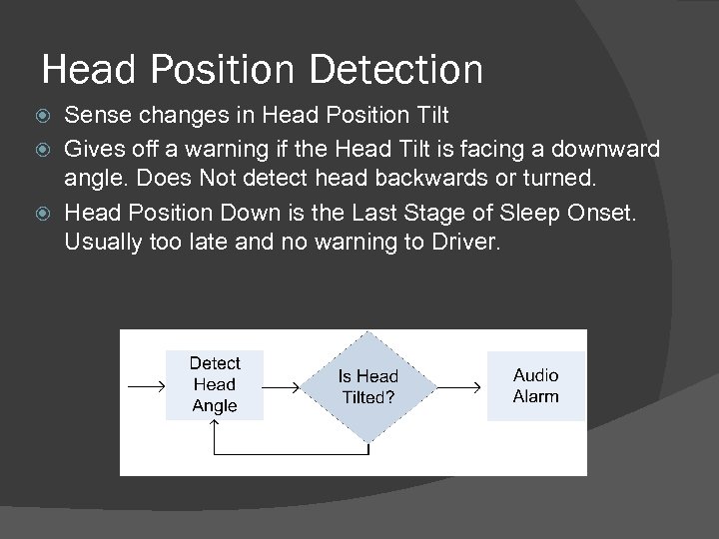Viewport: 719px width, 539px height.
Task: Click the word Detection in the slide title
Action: [x=396, y=70]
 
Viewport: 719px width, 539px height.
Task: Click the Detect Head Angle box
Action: [x=214, y=384]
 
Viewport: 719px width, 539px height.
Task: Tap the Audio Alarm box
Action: [x=535, y=385]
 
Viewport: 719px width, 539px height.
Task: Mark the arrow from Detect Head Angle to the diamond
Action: [x=282, y=386]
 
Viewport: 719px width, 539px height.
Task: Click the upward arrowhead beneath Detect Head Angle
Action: [x=215, y=427]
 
